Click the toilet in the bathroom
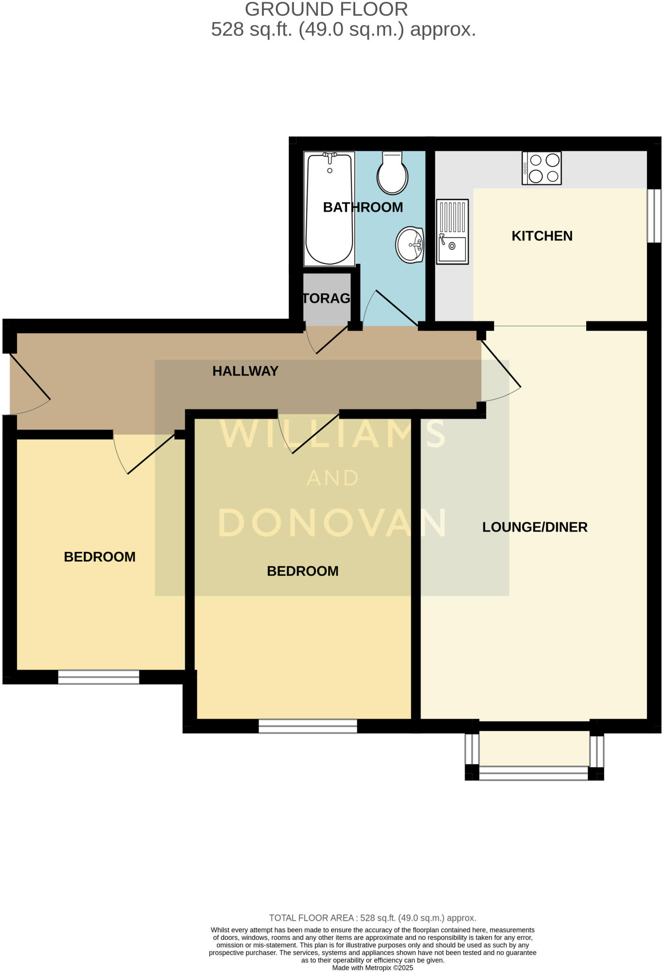pos(392,174)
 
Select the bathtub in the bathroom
pos(329,209)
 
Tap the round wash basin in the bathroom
pos(410,245)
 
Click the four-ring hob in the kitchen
pos(542,168)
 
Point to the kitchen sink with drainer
pos(452,231)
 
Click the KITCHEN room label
pos(542,236)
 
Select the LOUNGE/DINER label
pos(535,527)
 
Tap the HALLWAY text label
pos(245,371)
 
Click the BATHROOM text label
pos(363,207)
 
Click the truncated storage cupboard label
pos(327,298)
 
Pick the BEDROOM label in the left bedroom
pos(100,557)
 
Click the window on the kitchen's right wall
pos(654,216)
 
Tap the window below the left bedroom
pos(99,677)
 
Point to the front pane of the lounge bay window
pos(534,773)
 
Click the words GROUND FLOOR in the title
pos(326,9)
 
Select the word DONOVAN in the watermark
pos(332,523)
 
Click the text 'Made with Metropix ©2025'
pos(372,968)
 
